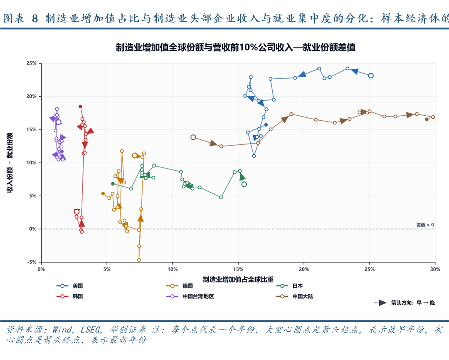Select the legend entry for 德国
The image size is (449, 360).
tap(180, 286)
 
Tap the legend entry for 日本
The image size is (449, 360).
tap(289, 286)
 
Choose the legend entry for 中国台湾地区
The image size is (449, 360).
tap(190, 296)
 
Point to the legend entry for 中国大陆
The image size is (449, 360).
tap(295, 296)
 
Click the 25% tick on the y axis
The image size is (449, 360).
tap(32, 63)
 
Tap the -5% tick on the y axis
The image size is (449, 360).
tap(32, 262)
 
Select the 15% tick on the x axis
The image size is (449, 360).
tap(238, 269)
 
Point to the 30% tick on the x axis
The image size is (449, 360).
tap(435, 269)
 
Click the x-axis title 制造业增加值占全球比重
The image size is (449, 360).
tap(238, 279)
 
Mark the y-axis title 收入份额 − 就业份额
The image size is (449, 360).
tap(10, 162)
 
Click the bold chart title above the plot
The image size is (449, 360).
tap(235, 47)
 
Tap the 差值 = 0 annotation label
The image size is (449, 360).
tap(425, 225)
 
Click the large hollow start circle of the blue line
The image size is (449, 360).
tap(371, 76)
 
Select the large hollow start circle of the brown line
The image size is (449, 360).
tap(193, 137)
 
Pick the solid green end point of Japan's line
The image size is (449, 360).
tap(113, 184)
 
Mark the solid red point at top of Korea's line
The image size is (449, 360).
tap(81, 107)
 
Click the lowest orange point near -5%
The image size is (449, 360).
tap(139, 260)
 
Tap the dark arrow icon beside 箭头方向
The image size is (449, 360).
tap(381, 303)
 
